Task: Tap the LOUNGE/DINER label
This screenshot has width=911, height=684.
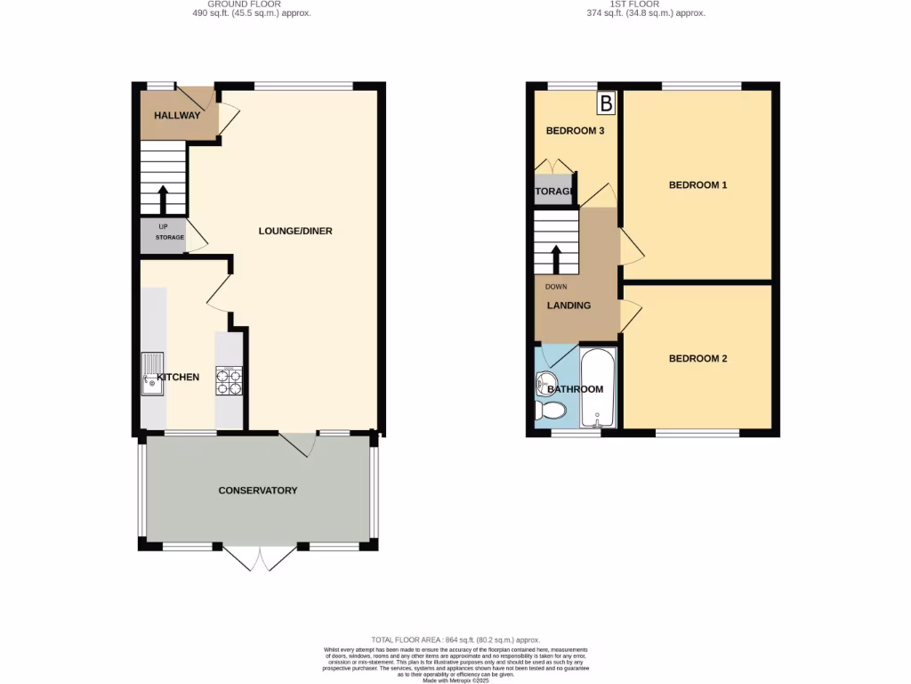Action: [295, 232]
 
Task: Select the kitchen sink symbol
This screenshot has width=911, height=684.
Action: [151, 374]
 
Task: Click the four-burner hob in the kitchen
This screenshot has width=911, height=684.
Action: [229, 380]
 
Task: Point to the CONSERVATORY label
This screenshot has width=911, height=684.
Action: [258, 491]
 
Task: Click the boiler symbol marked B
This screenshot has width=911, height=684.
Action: [606, 103]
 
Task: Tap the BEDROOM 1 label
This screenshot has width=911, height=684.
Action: [698, 185]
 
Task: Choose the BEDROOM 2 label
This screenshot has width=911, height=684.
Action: [698, 359]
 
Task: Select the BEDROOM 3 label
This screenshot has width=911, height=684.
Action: [575, 131]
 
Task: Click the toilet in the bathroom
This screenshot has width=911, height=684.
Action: [551, 411]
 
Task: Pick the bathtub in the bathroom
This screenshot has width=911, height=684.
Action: [593, 388]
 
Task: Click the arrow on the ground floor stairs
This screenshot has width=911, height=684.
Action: [163, 198]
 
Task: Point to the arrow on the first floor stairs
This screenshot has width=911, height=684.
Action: [557, 258]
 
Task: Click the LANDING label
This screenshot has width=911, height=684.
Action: [568, 305]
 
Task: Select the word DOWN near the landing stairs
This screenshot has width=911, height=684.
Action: [556, 287]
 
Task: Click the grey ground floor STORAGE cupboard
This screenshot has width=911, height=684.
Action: [163, 236]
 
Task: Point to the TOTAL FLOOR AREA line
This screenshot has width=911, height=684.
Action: [455, 639]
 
